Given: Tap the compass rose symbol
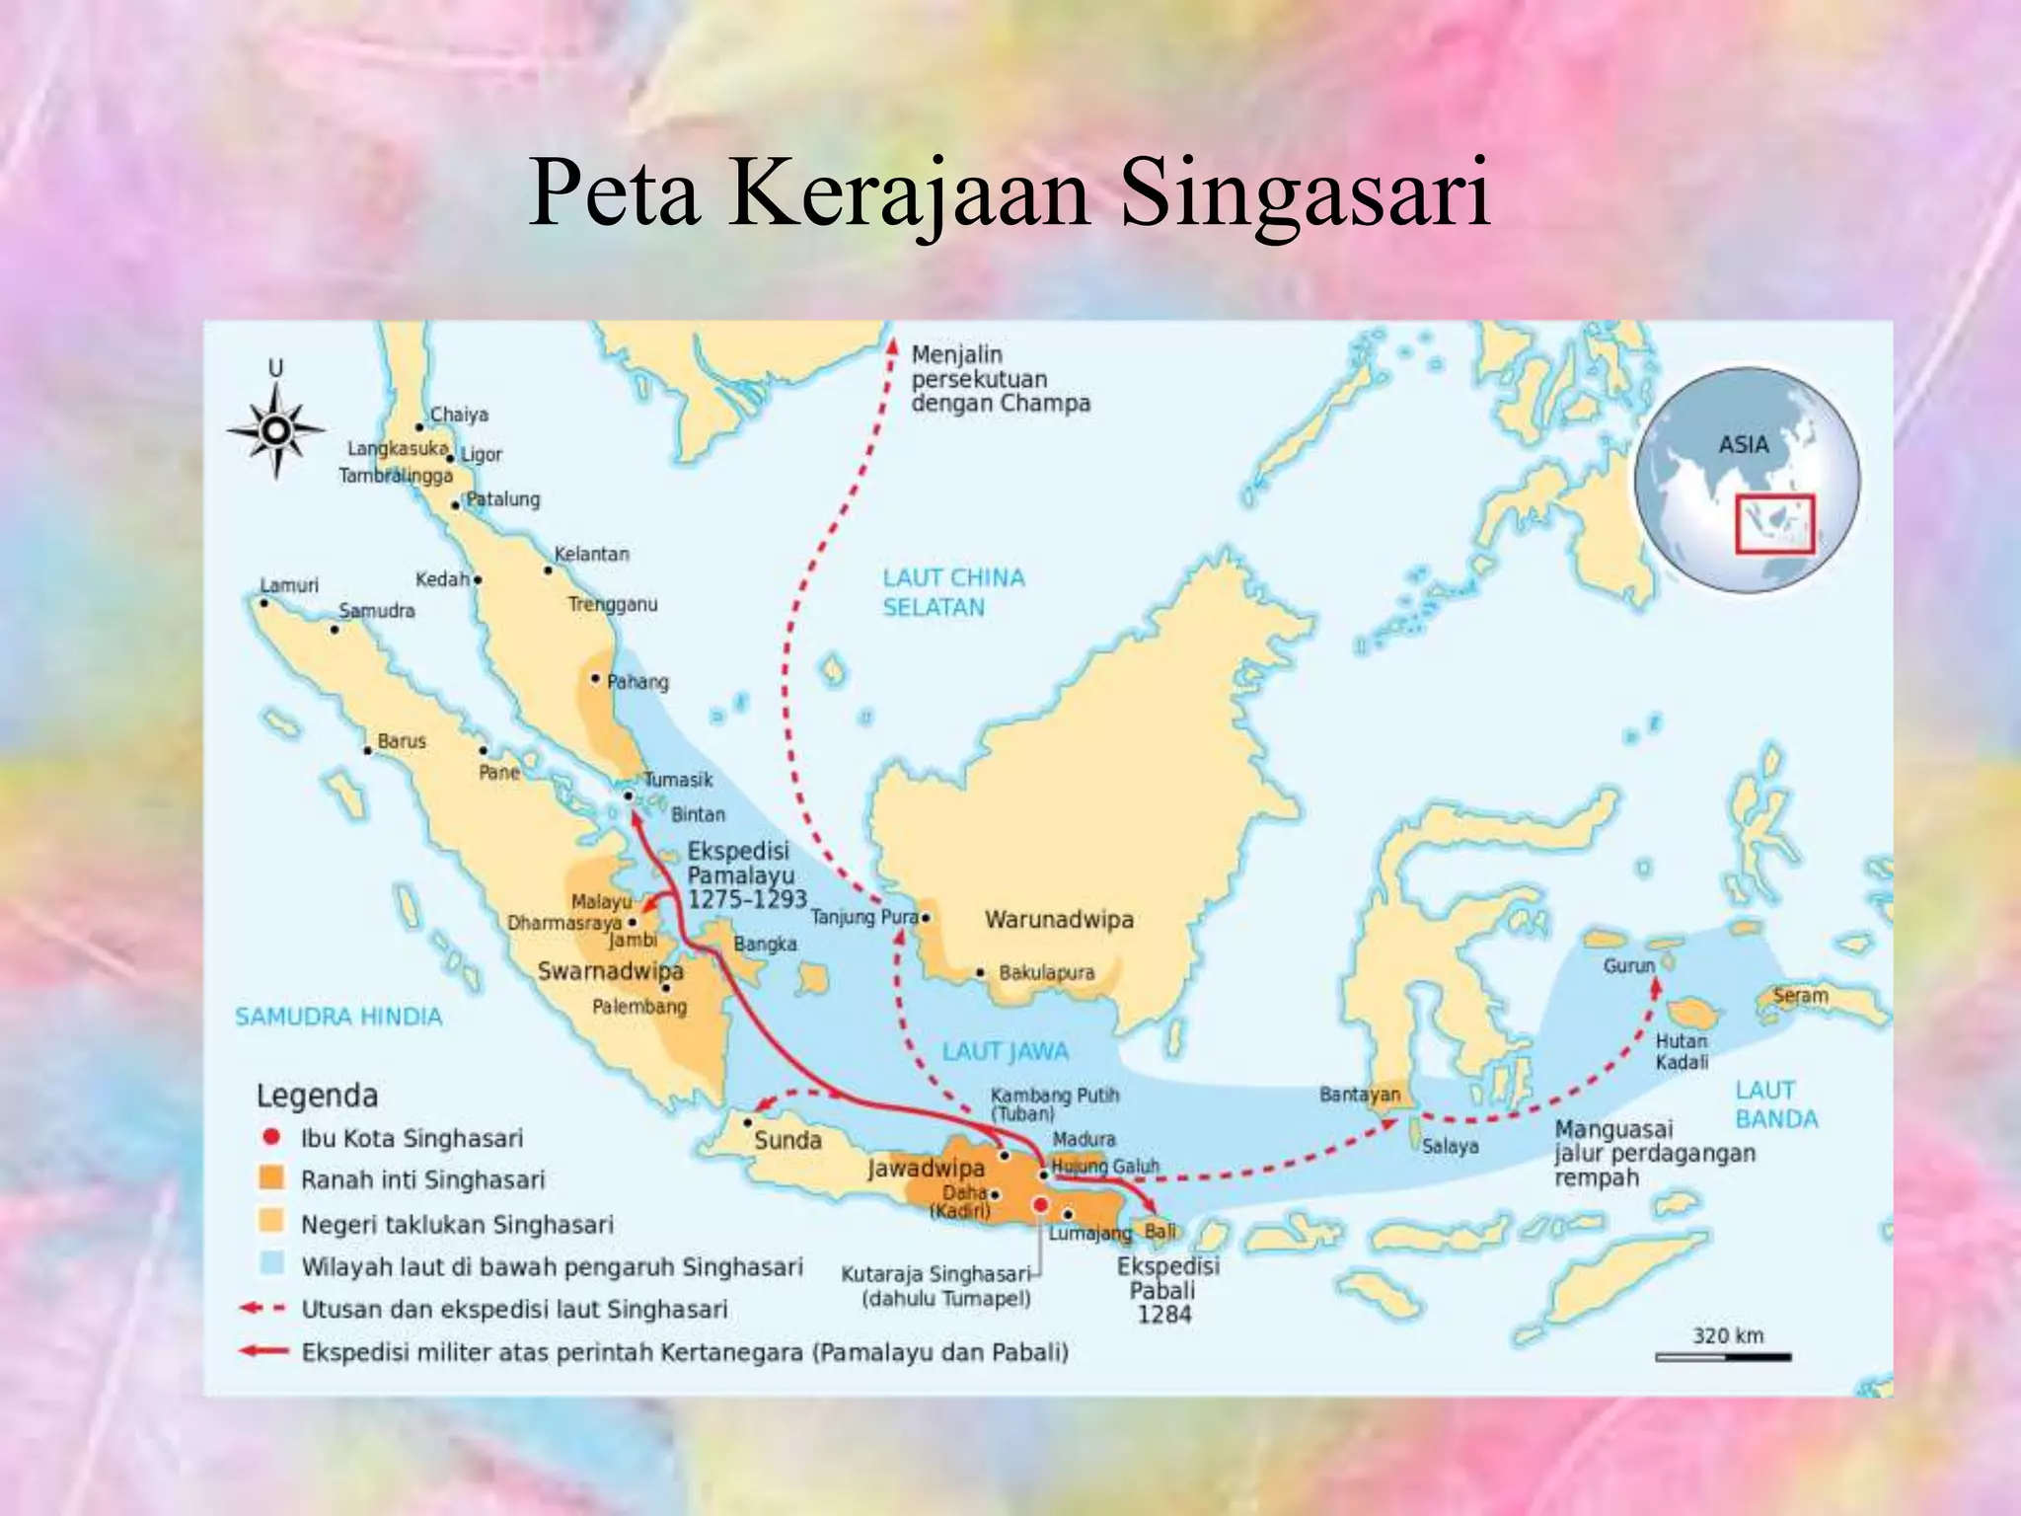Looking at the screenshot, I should click(x=276, y=430).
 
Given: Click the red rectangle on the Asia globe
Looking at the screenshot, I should click(x=1774, y=523).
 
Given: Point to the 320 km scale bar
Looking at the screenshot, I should click(x=1722, y=1357).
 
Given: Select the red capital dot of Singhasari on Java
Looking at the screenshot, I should click(x=1039, y=1204).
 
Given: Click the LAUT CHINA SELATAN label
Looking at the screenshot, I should click(x=952, y=592).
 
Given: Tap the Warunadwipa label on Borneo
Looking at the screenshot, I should click(x=1059, y=920).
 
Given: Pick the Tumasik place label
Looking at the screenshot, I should click(x=678, y=780).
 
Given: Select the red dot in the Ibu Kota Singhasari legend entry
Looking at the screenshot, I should click(x=271, y=1137).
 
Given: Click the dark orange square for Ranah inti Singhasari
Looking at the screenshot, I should click(x=271, y=1178).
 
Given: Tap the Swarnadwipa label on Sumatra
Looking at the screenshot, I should click(x=610, y=971).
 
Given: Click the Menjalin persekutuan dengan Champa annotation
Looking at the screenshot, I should click(x=999, y=379).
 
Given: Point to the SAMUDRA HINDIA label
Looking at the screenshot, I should click(x=338, y=1017).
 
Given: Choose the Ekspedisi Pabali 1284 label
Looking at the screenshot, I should click(x=1166, y=1290).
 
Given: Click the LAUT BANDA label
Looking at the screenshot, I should click(x=1776, y=1104).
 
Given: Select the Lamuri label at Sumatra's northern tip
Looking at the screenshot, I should click(x=290, y=585).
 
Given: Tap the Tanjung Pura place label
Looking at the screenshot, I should click(x=863, y=917).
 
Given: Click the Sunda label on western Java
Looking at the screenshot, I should click(x=787, y=1141).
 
